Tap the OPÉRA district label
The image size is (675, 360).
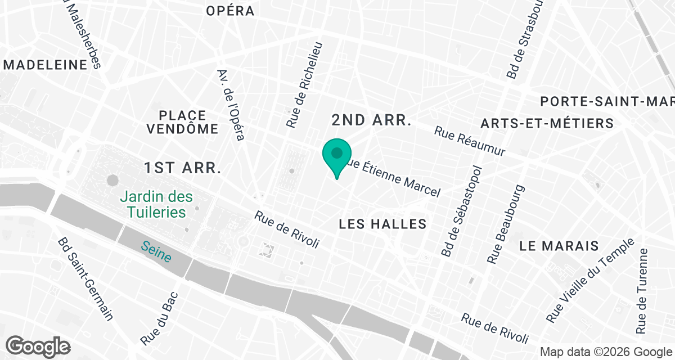pos(230,11)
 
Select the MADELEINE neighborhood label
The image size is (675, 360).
pos(46,65)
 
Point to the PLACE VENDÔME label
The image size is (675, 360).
pos(182,122)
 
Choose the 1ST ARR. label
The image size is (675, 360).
pos(183,168)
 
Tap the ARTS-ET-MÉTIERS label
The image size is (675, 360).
pos(547,123)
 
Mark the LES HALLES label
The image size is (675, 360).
pos(383,224)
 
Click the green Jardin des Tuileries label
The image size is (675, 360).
pos(156,205)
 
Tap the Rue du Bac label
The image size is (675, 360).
pos(159,319)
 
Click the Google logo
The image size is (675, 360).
pos(38,345)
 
